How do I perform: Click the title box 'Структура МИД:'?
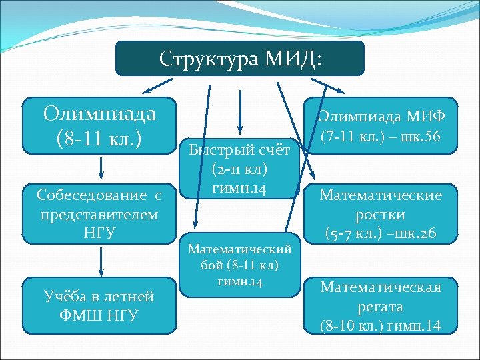[240, 59]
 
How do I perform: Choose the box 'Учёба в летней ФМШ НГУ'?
[100, 305]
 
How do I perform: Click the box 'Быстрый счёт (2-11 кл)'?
[238, 169]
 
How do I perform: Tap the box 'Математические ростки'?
[381, 214]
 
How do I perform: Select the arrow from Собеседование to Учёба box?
[100, 261]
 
